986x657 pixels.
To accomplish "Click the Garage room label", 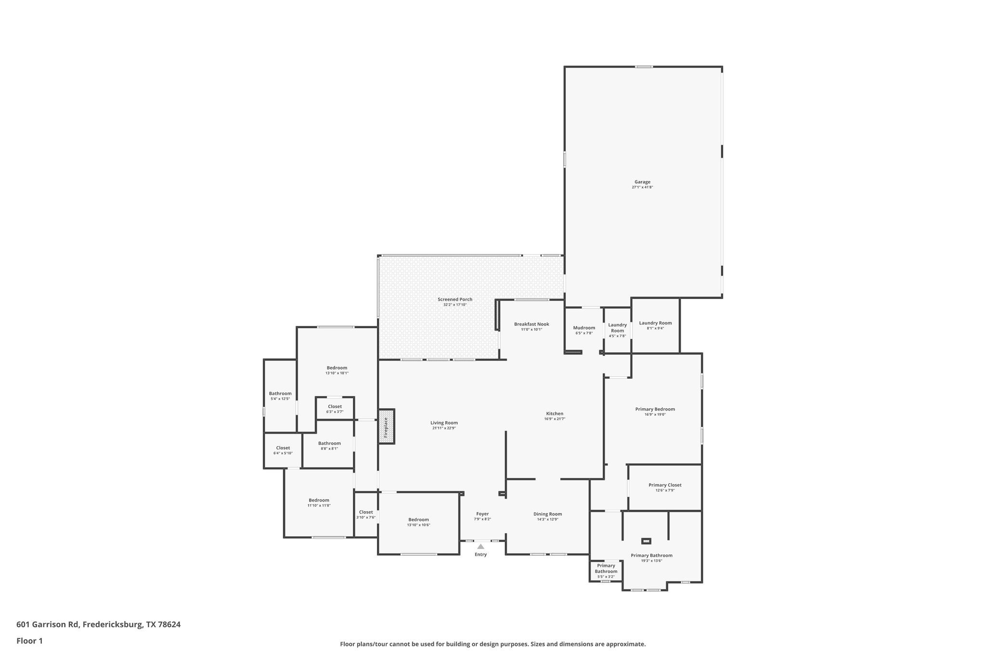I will [642, 182].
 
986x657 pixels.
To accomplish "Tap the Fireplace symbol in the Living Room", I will [386, 426].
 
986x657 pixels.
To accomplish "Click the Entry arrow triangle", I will [480, 546].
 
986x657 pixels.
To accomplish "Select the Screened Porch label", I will [455, 299].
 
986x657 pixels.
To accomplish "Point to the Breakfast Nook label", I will [532, 324].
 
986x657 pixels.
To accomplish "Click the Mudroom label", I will [584, 328].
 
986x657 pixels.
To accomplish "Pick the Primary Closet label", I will [664, 485].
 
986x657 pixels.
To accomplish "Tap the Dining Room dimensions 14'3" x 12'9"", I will [547, 519].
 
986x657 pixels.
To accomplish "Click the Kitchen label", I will [555, 413].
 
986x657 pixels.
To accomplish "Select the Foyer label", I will [482, 514].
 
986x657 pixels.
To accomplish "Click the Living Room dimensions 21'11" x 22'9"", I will [444, 428].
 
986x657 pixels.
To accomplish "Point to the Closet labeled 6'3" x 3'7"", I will [335, 407].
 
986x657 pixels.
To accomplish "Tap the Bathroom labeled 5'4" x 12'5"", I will [280, 394].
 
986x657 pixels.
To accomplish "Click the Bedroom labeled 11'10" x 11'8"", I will [319, 500].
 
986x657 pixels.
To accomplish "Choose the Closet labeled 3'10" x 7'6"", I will [366, 512].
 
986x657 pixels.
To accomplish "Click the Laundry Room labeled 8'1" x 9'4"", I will [655, 323].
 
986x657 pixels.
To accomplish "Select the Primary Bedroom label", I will [655, 409].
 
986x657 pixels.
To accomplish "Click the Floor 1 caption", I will [30, 641].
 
